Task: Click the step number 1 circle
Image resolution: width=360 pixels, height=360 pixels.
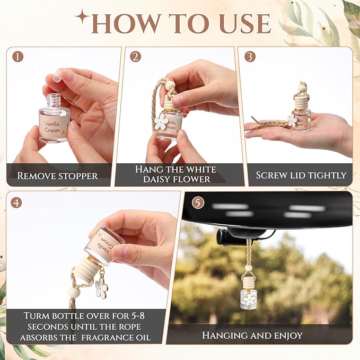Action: pyautogui.click(x=18, y=56)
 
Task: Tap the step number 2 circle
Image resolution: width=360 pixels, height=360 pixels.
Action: pyautogui.click(x=135, y=56)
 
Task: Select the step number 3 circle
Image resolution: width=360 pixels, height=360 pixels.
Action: pyautogui.click(x=250, y=56)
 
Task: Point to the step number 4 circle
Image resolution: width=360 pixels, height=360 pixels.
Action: pyautogui.click(x=16, y=203)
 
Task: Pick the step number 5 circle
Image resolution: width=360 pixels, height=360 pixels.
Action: pyautogui.click(x=198, y=203)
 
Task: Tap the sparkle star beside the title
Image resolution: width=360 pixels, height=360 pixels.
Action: pyautogui.click(x=82, y=17)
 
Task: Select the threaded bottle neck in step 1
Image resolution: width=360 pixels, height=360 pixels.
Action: pyautogui.click(x=54, y=101)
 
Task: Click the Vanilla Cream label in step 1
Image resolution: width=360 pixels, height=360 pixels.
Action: pyautogui.click(x=52, y=127)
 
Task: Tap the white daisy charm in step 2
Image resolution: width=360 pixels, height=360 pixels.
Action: pyautogui.click(x=161, y=122)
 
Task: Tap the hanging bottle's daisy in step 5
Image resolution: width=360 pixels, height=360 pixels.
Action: pyautogui.click(x=249, y=300)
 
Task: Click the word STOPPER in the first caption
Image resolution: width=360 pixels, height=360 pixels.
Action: pyautogui.click(x=78, y=176)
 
